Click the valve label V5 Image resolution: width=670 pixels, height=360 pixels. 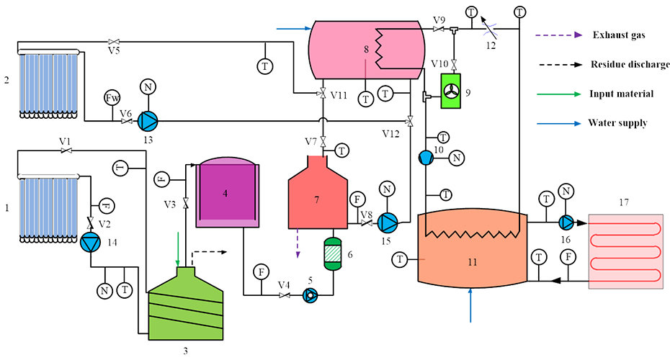click(114, 51)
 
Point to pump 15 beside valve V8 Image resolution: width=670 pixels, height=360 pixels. click(388, 221)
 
